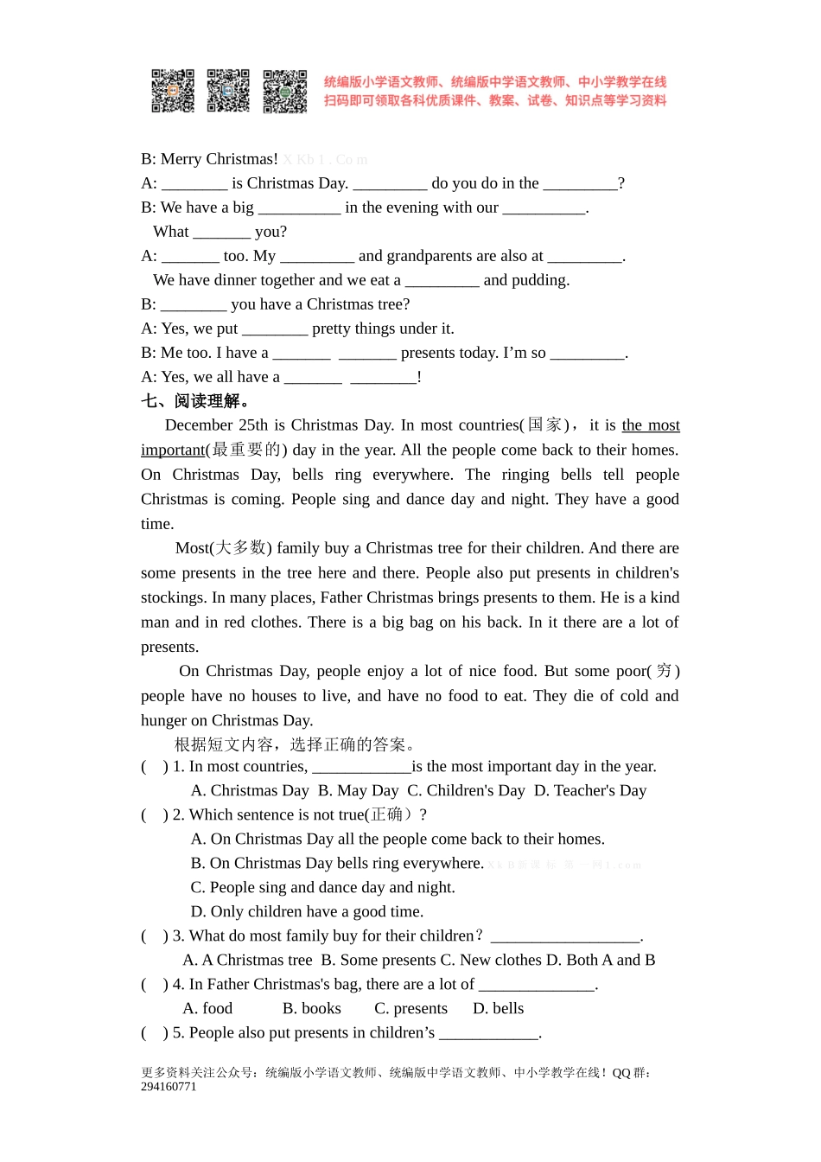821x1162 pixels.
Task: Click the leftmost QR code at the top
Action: [x=173, y=91]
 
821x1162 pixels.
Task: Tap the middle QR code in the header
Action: [x=228, y=91]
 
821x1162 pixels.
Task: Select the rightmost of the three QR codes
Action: [x=284, y=91]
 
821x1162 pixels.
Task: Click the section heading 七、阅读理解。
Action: [x=196, y=401]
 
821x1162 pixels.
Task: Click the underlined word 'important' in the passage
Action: [x=173, y=450]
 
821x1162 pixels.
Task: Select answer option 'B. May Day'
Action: [x=358, y=791]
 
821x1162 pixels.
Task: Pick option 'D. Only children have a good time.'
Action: [x=307, y=912]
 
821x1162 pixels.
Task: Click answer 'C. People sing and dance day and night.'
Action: [x=322, y=888]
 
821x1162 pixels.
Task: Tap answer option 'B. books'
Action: [x=311, y=1009]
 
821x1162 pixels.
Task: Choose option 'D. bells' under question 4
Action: [x=498, y=1009]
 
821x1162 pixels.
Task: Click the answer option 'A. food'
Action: [x=207, y=1009]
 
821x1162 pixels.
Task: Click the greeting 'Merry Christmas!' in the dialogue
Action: [x=219, y=159]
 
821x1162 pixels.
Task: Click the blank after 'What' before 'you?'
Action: [x=221, y=233]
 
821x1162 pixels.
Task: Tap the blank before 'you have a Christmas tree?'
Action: [x=194, y=305]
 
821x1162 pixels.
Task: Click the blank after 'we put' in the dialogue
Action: [x=274, y=329]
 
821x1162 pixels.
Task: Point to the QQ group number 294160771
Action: [x=169, y=1087]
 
